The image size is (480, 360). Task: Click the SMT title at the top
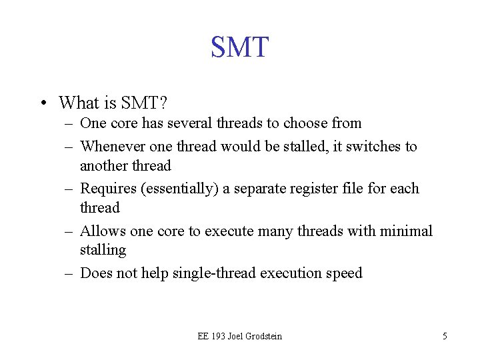click(239, 47)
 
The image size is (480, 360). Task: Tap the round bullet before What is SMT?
click(43, 103)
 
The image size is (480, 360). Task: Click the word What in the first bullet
click(77, 103)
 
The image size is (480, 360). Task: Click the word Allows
click(103, 231)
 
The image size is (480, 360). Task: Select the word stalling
click(103, 250)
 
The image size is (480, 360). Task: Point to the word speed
click(344, 273)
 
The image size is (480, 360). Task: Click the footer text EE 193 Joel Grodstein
click(239, 336)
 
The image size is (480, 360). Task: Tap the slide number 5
click(445, 336)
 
